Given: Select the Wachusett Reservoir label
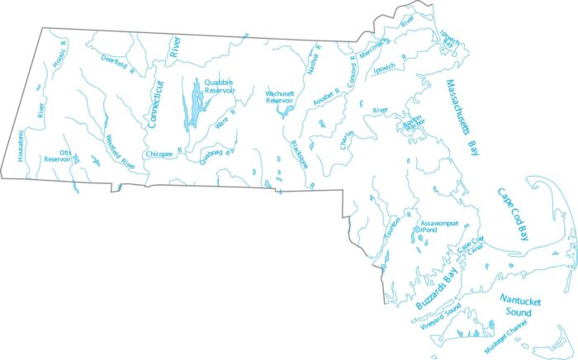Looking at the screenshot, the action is tap(282, 97).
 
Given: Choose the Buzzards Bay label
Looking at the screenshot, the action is tap(436, 290).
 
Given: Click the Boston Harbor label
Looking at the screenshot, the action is tap(411, 122).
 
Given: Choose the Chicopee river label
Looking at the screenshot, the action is tap(159, 154).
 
